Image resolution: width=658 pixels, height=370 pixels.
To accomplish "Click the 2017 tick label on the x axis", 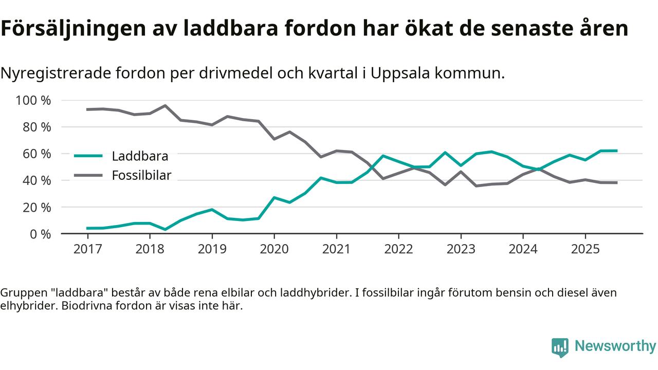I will tap(87, 249).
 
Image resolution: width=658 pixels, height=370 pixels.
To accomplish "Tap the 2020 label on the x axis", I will tap(274, 249).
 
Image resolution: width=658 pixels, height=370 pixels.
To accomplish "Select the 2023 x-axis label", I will tap(461, 249).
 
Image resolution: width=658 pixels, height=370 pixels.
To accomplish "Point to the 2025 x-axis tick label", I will tap(585, 249).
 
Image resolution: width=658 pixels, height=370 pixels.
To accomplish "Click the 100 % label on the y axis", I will tap(33, 100).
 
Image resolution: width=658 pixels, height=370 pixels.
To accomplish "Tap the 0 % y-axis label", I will tap(40, 234).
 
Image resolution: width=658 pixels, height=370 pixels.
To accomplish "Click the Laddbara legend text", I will tap(140, 156).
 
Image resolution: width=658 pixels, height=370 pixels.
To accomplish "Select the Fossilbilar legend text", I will tap(141, 175).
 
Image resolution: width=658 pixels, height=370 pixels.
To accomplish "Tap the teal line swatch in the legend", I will tap(88, 156).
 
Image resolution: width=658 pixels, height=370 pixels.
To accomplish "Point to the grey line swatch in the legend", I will tap(88, 175).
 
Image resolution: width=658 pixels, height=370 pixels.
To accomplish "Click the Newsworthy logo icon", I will tap(560, 347).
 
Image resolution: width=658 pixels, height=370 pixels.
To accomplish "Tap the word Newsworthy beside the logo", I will tap(615, 346).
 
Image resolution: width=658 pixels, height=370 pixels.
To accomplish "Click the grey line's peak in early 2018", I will tap(165, 105).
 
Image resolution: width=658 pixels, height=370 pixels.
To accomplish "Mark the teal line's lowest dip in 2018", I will tap(165, 229).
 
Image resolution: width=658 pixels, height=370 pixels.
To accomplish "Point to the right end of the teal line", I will tap(616, 151).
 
